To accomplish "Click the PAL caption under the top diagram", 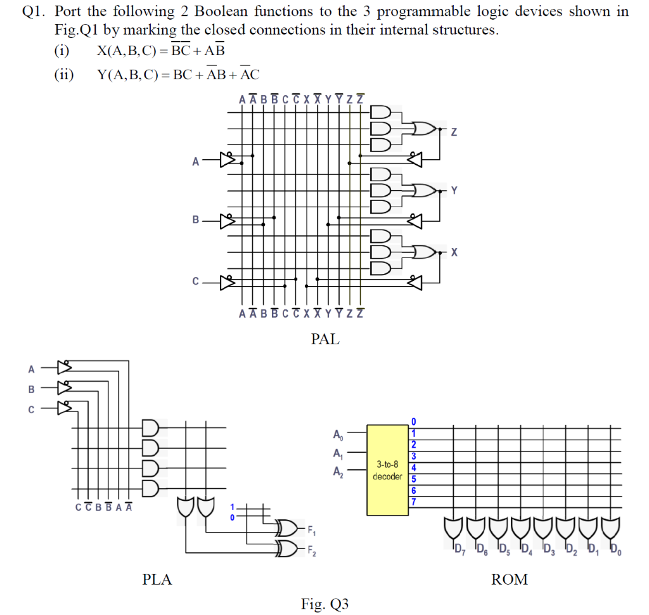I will click(x=325, y=339).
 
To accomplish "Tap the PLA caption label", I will click(x=157, y=579).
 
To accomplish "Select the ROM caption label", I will click(x=509, y=579).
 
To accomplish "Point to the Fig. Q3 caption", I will click(x=325, y=604).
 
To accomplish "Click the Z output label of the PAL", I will click(x=454, y=133).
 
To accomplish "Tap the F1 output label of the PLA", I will click(x=310, y=530).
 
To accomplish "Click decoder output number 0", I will click(x=414, y=421).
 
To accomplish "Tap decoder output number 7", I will click(x=414, y=502).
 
